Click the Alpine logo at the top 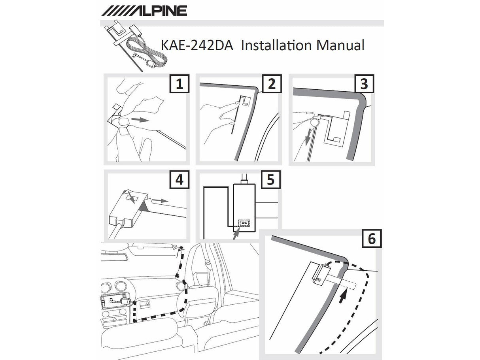point(144,10)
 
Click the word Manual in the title point(340,45)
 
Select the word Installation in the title point(276,45)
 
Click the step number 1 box point(179,84)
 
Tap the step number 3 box point(363,84)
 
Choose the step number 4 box point(179,180)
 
